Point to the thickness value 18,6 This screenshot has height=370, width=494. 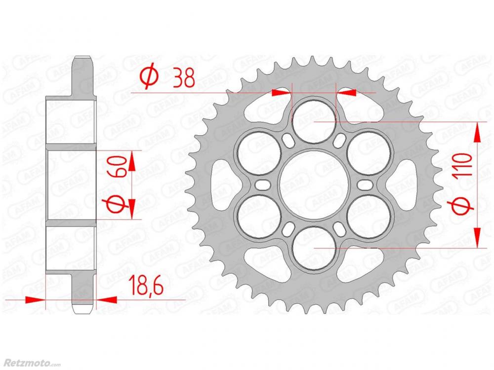[x=147, y=285]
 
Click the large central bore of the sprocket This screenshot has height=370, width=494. [x=314, y=185]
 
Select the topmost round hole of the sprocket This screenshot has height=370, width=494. [x=314, y=121]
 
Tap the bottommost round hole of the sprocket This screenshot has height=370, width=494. [x=314, y=249]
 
